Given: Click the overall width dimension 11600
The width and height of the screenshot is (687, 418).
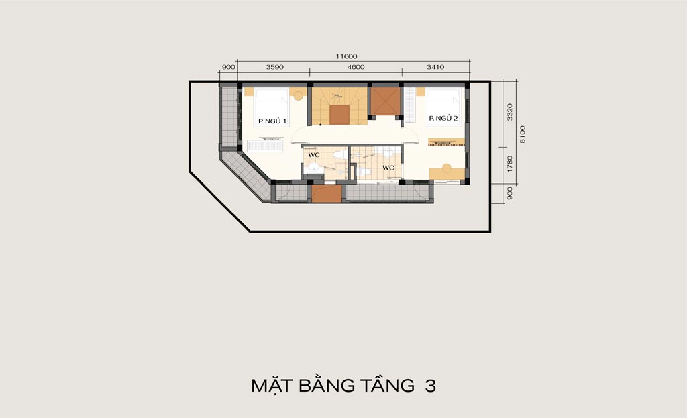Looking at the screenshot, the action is [x=347, y=56].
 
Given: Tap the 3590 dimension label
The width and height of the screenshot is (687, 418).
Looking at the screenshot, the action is [x=274, y=67].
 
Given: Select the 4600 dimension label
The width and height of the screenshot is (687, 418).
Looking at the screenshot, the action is [x=356, y=67].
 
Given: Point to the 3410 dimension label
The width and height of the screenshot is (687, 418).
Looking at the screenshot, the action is [x=435, y=67].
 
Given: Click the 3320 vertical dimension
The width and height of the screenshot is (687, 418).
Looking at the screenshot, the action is [x=510, y=112].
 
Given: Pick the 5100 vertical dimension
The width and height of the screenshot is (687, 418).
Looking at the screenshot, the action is [x=522, y=134].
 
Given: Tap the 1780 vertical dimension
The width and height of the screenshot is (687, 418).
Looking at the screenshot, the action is [x=510, y=164].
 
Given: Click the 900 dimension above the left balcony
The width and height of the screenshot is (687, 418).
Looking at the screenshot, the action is [x=229, y=67].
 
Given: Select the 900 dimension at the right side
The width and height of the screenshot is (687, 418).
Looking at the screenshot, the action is [x=510, y=193].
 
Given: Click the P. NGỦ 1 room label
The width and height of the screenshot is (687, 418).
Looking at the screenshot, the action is [x=272, y=121].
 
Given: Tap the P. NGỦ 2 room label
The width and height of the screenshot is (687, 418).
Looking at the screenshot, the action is [x=443, y=118].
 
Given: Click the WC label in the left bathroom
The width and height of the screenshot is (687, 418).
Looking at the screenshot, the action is [x=314, y=155].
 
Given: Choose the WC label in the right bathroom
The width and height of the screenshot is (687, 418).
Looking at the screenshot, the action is [x=388, y=168].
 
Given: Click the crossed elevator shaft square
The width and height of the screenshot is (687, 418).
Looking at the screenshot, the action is [x=386, y=101].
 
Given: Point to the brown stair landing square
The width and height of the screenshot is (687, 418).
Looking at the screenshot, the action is [x=339, y=115].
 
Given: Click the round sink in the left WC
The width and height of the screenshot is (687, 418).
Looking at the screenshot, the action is [x=313, y=167].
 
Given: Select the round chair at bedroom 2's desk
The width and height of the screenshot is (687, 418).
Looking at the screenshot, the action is [x=446, y=167].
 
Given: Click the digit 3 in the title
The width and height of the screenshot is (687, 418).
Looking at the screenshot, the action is [x=430, y=386].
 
